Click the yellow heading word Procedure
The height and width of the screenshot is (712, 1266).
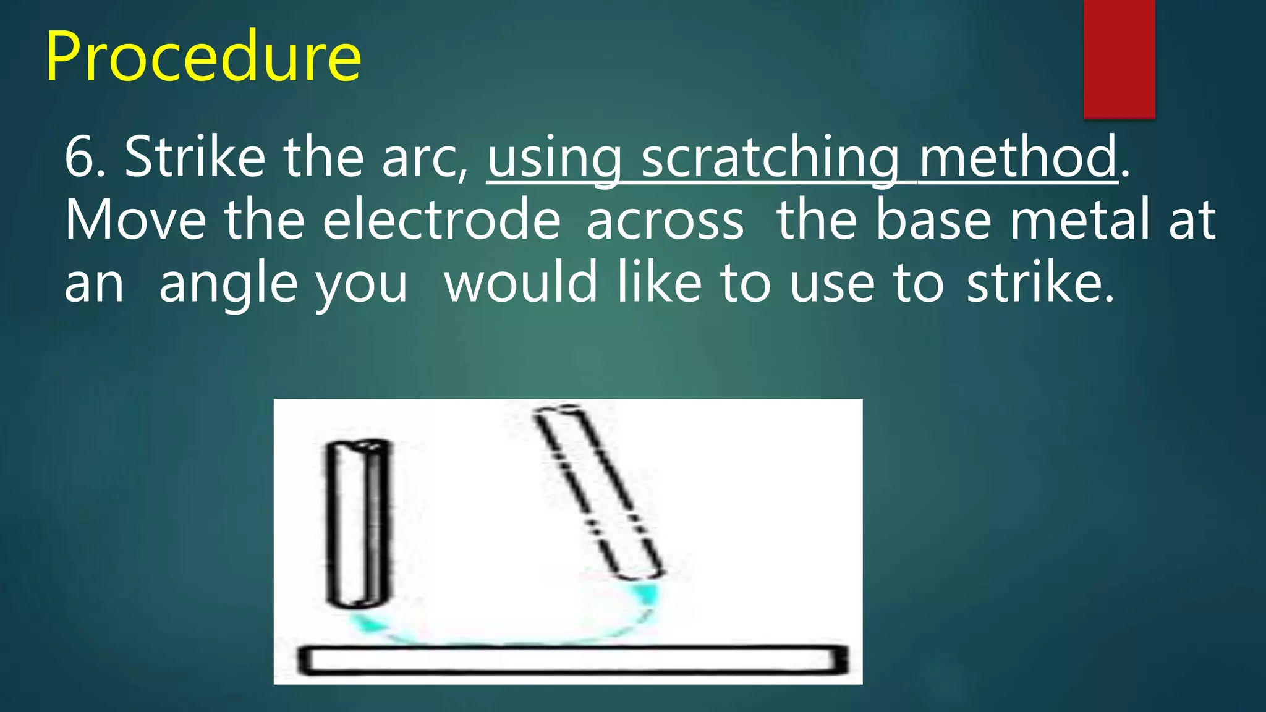[x=203, y=57]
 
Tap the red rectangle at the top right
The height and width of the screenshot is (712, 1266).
[x=1119, y=58]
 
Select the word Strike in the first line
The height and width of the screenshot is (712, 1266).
[x=195, y=157]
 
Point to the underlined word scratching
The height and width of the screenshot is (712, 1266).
[x=770, y=158]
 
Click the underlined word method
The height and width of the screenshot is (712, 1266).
[x=1017, y=157]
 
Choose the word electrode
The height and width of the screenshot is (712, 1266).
[x=441, y=220]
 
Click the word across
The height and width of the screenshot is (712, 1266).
[x=665, y=221]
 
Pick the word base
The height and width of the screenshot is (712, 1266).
[x=933, y=220]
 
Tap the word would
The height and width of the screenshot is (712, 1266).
[x=520, y=282]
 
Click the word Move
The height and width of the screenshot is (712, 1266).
[x=135, y=220]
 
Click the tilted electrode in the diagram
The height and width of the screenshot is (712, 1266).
[x=598, y=493]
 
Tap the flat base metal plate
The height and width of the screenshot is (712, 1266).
[x=572, y=660]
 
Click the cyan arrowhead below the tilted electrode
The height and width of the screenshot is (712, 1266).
[x=645, y=594]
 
